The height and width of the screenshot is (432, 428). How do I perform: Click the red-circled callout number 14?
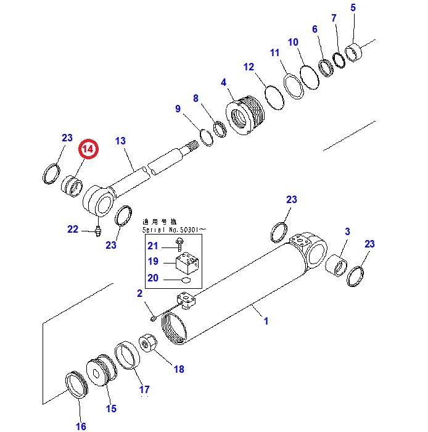tap(88, 150)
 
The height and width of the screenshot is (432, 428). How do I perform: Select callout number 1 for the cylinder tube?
tap(266, 321)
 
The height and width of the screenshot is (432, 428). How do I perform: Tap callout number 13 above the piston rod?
tap(120, 141)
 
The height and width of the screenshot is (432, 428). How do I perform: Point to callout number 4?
tap(223, 82)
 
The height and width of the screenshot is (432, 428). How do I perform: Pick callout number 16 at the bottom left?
tap(81, 426)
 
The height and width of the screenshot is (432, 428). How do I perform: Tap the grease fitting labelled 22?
tap(97, 232)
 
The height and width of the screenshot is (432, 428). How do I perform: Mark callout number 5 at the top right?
tap(353, 8)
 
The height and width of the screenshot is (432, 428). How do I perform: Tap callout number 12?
tap(249, 67)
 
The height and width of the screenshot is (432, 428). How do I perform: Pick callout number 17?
tap(144, 389)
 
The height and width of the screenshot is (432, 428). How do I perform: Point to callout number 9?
tap(178, 109)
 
